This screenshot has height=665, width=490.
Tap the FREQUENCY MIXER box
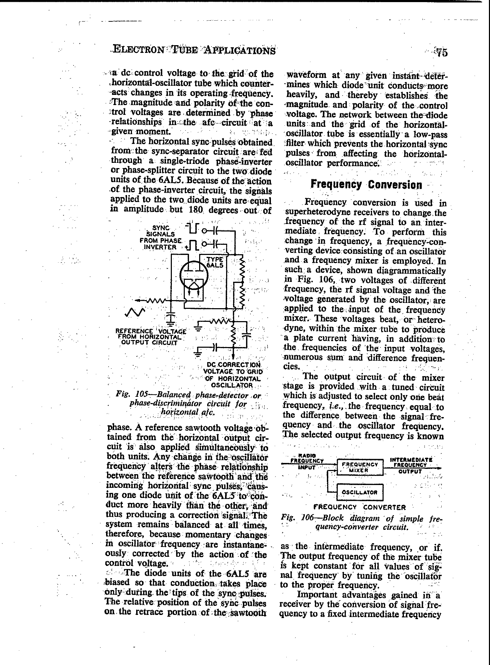coord(360,467)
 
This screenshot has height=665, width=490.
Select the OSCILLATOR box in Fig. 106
coord(360,492)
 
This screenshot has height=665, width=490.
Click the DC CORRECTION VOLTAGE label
coord(234,375)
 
